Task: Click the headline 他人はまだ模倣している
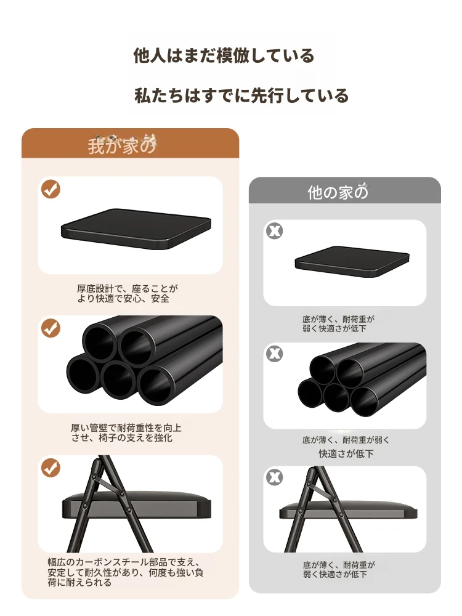(x=224, y=55)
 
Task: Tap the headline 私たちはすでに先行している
(x=241, y=95)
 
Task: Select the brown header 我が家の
(x=122, y=145)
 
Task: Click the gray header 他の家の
(x=338, y=192)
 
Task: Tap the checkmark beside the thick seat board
(x=51, y=189)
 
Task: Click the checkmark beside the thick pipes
(x=51, y=328)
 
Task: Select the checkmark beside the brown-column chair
(x=51, y=468)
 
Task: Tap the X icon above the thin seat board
(x=275, y=230)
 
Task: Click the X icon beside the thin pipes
(x=275, y=354)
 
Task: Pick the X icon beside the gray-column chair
(x=275, y=477)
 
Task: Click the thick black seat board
(x=136, y=229)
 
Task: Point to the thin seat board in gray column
(x=352, y=262)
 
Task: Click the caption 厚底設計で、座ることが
(x=128, y=289)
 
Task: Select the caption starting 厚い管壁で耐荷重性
(x=126, y=432)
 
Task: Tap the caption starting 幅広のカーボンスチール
(x=125, y=572)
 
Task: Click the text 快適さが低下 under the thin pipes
(x=346, y=454)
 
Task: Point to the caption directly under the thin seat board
(x=338, y=324)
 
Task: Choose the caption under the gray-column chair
(x=339, y=570)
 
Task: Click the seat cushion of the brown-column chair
(x=137, y=504)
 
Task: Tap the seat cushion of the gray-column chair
(x=348, y=509)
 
